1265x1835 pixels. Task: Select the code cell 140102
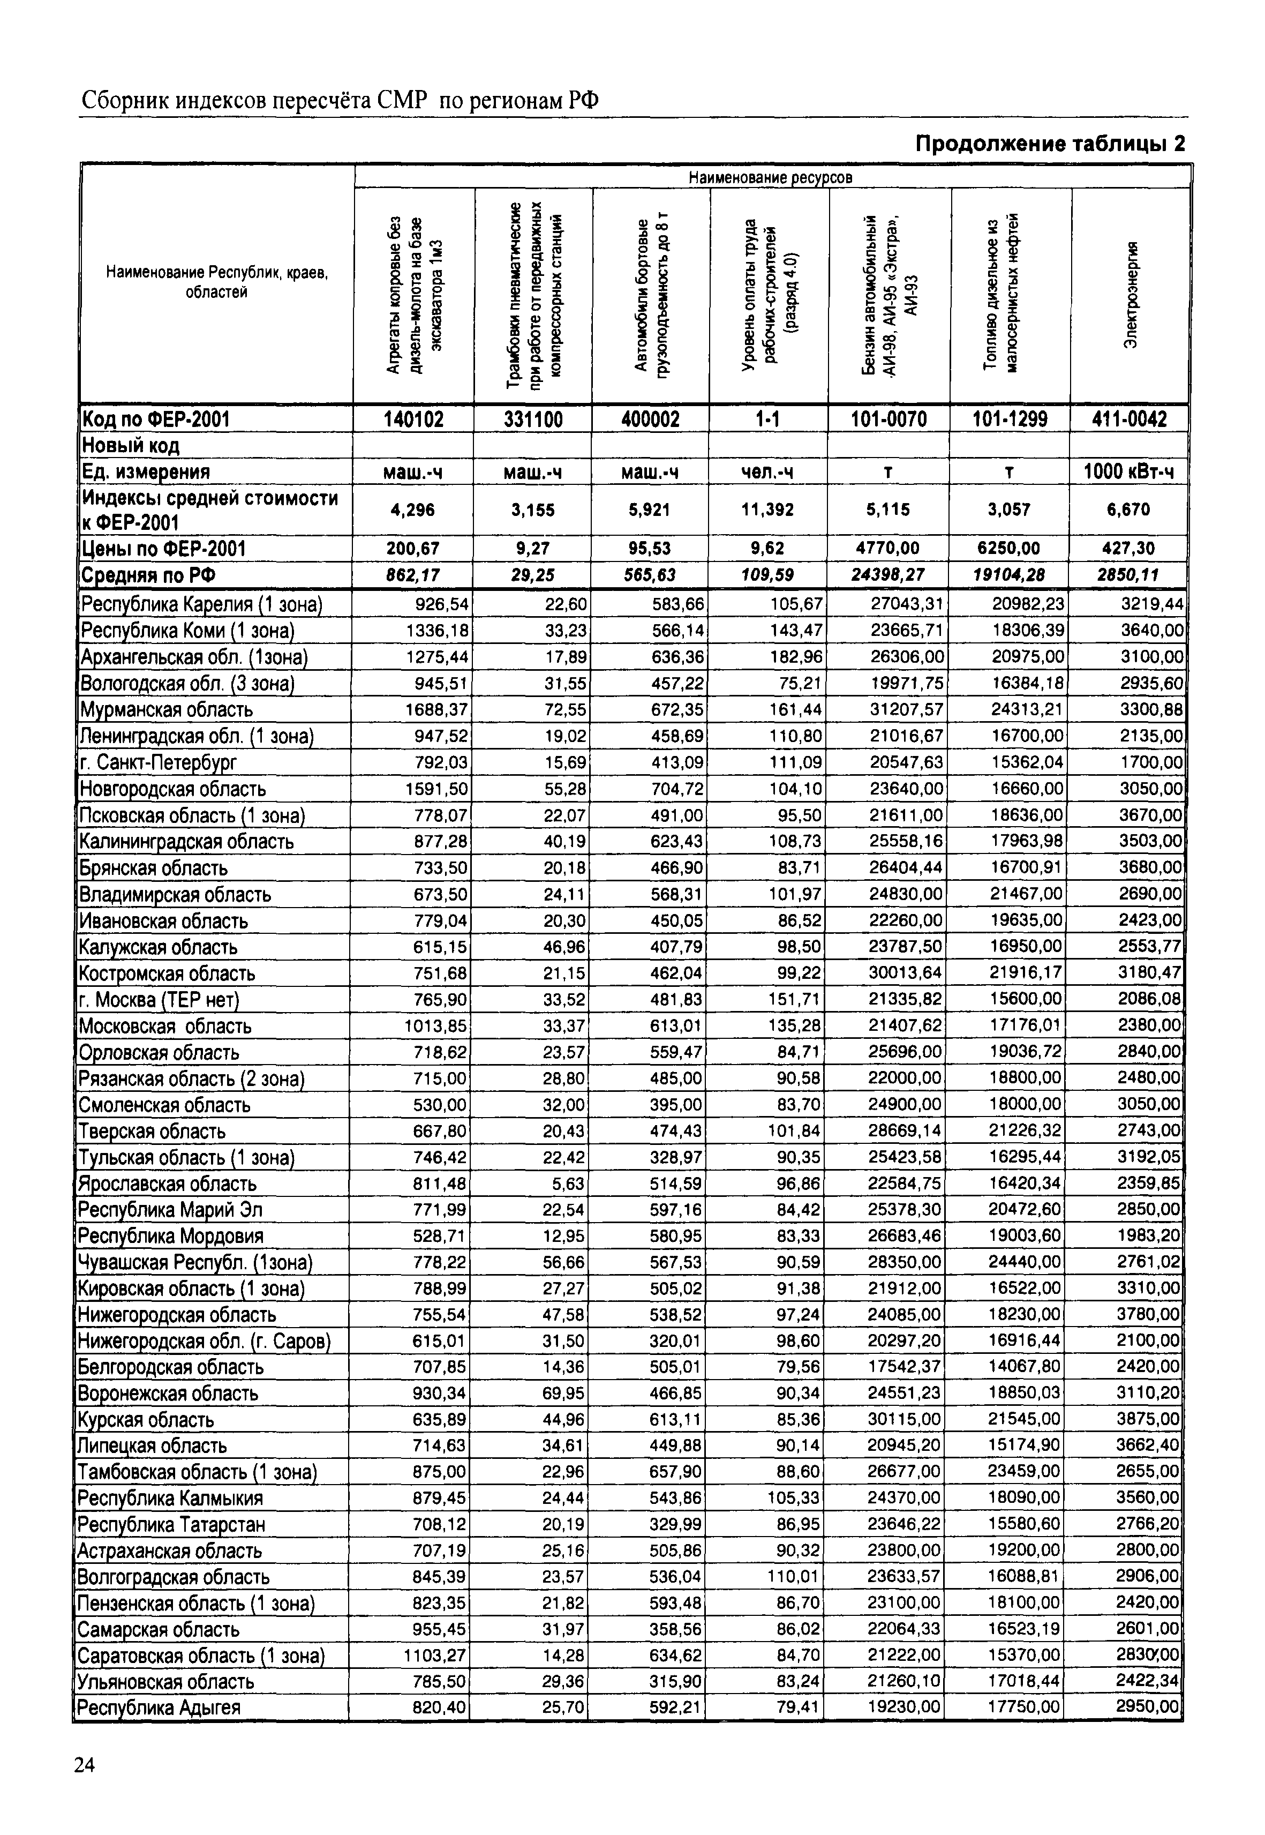pyautogui.click(x=414, y=419)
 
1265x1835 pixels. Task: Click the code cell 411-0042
pyautogui.click(x=1128, y=419)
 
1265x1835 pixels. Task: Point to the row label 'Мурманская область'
pyautogui.click(x=167, y=710)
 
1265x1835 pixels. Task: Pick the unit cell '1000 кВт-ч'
pyautogui.click(x=1128, y=472)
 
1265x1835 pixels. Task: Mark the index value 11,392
pyautogui.click(x=767, y=509)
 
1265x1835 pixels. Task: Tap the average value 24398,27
pyautogui.click(x=888, y=574)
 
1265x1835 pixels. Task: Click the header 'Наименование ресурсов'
pyautogui.click(x=771, y=177)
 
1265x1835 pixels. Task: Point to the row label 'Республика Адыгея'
pyautogui.click(x=159, y=1706)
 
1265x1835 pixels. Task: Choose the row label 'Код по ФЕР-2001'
pyautogui.click(x=156, y=419)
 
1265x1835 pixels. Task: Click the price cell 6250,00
pyautogui.click(x=1009, y=548)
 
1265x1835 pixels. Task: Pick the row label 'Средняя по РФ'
pyautogui.click(x=149, y=575)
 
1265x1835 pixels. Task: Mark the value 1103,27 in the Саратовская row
pyautogui.click(x=434, y=1655)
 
